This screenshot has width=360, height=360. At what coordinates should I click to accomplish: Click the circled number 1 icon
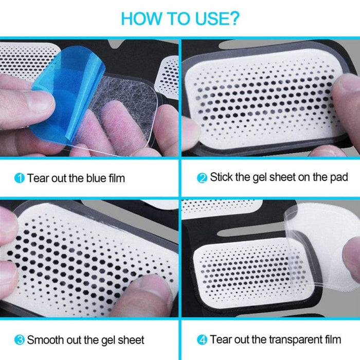point(19,178)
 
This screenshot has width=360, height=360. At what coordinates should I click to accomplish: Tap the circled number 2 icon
point(202,178)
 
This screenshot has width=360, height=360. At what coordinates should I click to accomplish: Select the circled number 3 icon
point(19,340)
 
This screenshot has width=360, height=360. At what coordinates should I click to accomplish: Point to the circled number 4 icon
point(202,340)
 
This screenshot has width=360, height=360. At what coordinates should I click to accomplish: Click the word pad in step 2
point(338,177)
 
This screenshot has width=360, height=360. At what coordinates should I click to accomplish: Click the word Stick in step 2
point(221,177)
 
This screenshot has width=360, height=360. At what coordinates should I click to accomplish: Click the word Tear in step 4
point(221,340)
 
